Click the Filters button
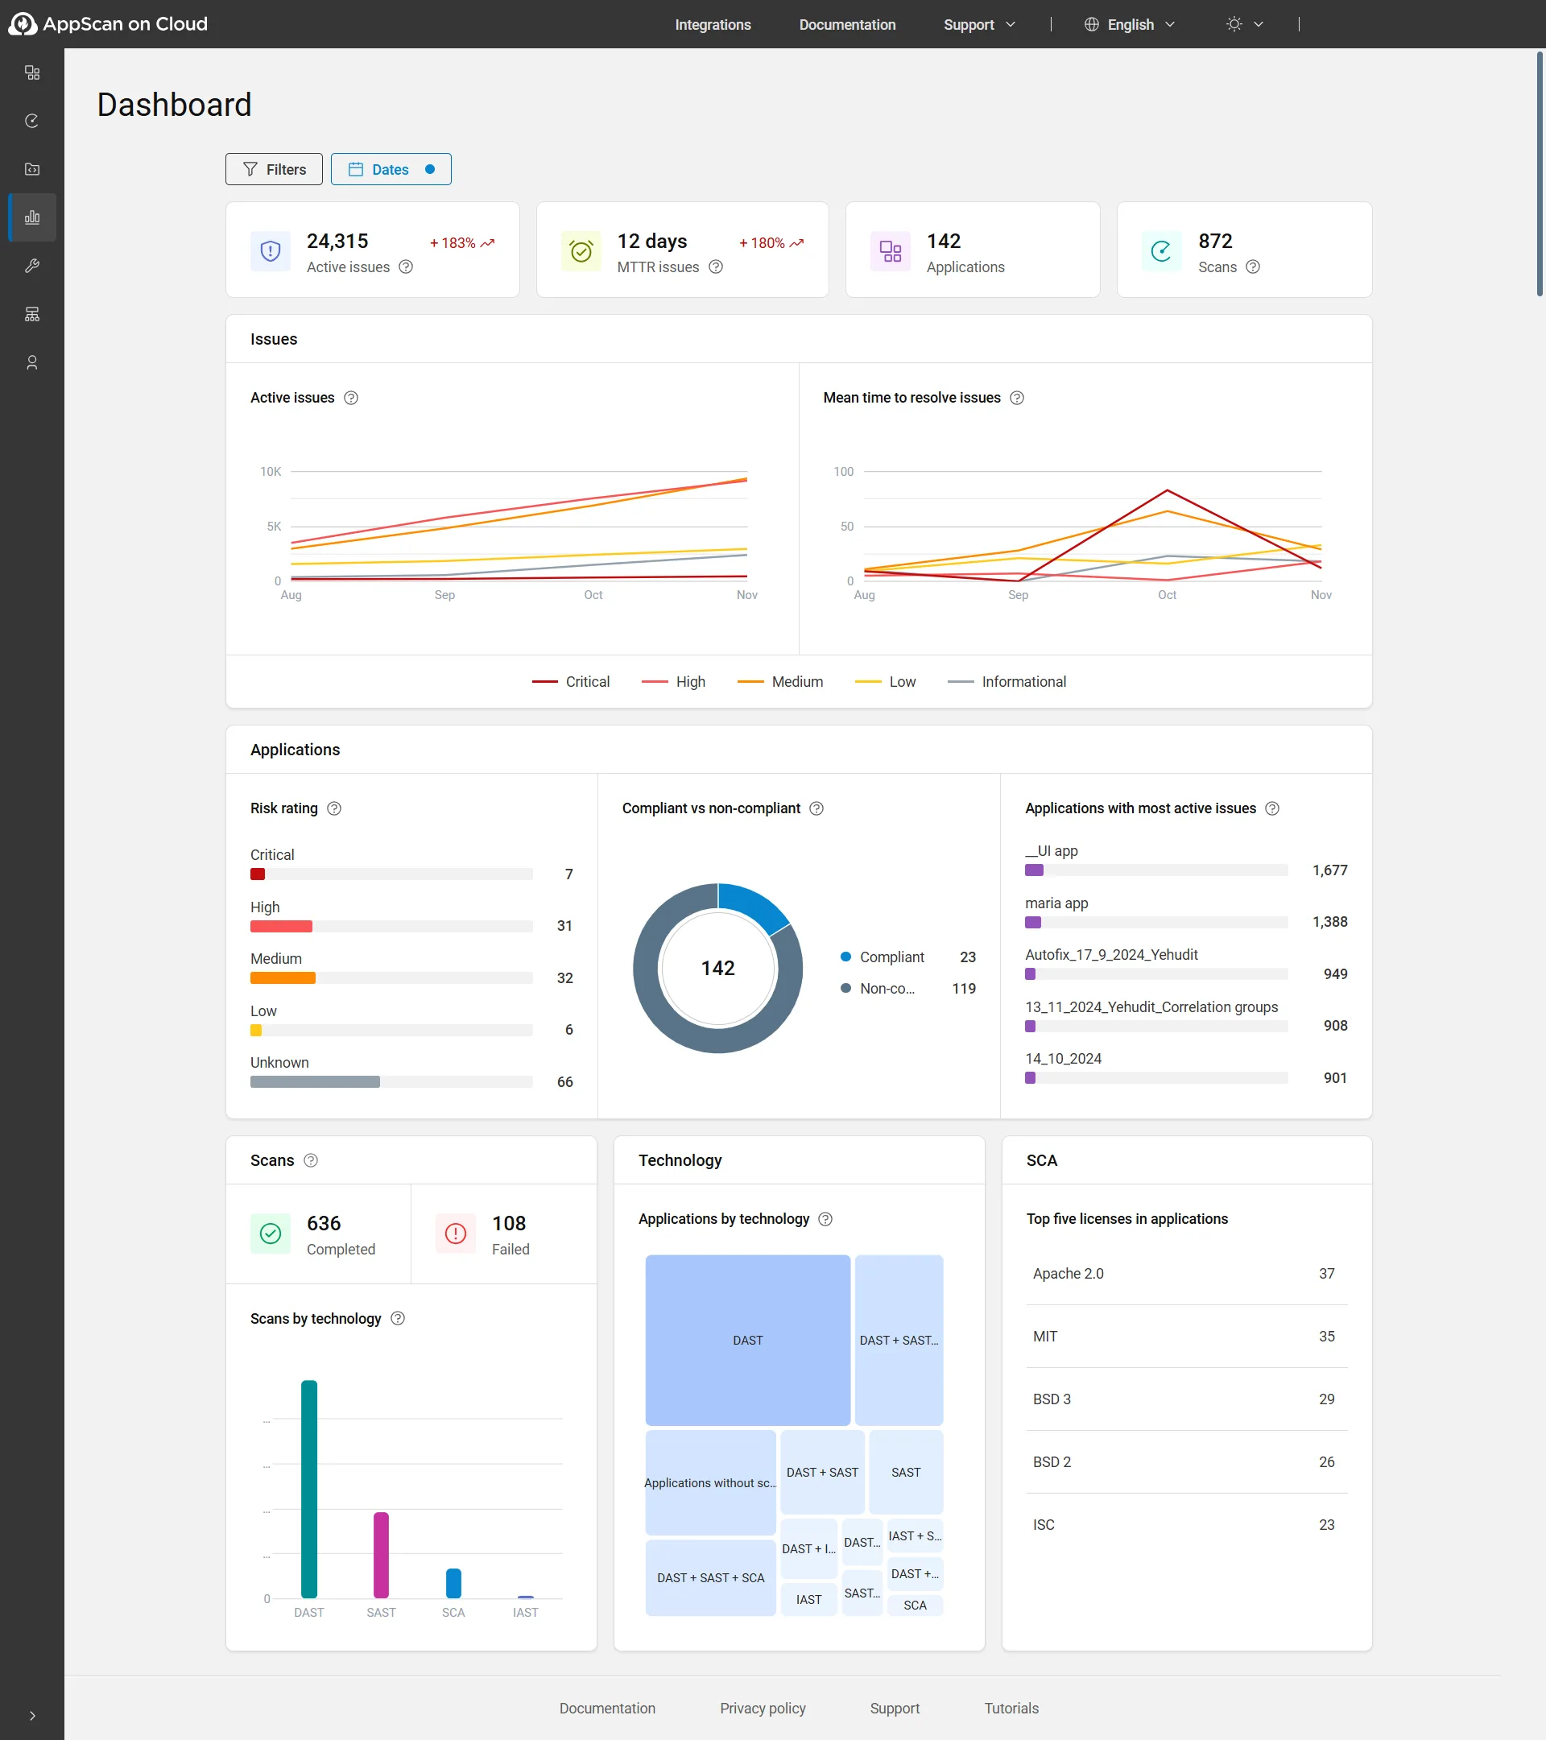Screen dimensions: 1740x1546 click(273, 169)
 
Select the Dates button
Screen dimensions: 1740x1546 click(391, 169)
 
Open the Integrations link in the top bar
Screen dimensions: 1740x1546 click(713, 25)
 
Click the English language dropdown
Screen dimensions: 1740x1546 click(1130, 25)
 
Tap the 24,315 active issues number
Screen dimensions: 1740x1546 click(337, 241)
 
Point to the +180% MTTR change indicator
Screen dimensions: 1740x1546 click(771, 242)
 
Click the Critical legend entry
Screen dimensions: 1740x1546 click(570, 682)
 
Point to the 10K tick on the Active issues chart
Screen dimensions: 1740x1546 click(270, 472)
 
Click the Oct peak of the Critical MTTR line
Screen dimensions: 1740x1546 click(1166, 490)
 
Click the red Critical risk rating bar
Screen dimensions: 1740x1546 click(257, 874)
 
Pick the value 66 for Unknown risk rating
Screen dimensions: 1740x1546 click(564, 1082)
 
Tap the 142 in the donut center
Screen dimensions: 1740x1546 click(717, 968)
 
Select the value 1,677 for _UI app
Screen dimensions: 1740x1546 click(1329, 870)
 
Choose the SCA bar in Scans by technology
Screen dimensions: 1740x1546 click(454, 1583)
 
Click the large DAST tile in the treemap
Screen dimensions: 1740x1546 click(747, 1340)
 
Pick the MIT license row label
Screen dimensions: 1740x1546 click(1044, 1337)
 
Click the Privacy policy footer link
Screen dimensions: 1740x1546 click(762, 1709)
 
